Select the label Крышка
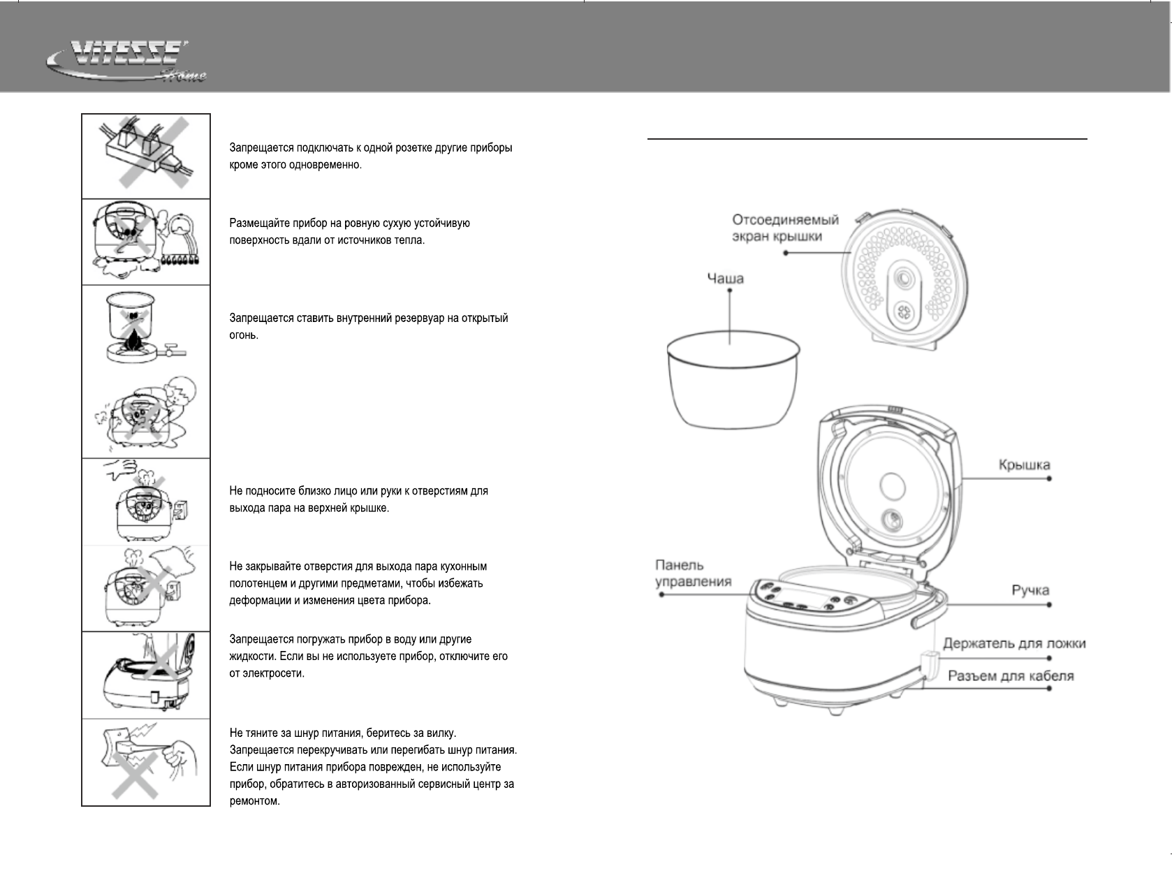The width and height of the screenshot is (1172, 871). (1024, 465)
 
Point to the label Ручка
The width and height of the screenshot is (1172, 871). (1030, 590)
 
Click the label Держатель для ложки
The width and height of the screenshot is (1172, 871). (1014, 643)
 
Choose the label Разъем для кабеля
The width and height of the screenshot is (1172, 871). (1011, 675)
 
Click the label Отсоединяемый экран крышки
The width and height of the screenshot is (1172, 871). (785, 228)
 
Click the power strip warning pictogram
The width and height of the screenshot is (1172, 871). (145, 156)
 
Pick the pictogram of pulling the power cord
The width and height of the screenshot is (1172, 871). (146, 762)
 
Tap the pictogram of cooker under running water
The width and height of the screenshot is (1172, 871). (145, 675)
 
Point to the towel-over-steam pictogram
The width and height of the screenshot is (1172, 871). (145, 588)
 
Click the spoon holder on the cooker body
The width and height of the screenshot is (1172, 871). (930, 664)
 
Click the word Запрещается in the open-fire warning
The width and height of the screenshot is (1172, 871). (261, 318)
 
